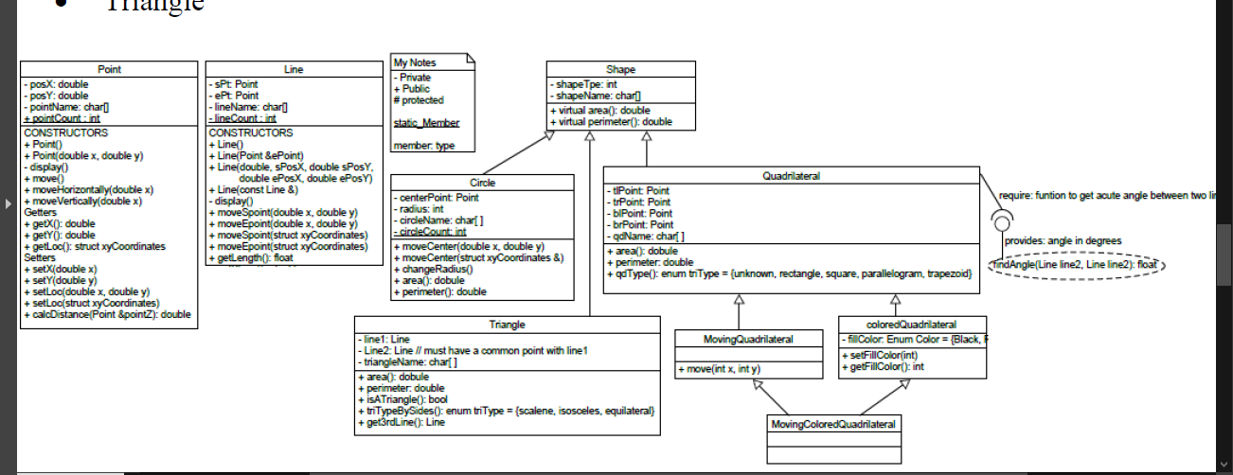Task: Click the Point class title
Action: click(109, 70)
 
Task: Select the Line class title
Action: click(294, 70)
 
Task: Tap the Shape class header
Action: click(620, 70)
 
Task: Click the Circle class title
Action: click(482, 182)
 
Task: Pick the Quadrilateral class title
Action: click(791, 175)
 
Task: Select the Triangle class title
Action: click(507, 325)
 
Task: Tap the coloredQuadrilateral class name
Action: click(911, 325)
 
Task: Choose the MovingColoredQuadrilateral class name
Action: click(832, 423)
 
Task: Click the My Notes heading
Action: click(415, 62)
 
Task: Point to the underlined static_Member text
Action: click(426, 123)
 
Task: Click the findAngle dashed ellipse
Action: click(1076, 265)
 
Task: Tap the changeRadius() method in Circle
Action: click(433, 270)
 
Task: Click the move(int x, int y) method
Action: click(719, 369)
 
